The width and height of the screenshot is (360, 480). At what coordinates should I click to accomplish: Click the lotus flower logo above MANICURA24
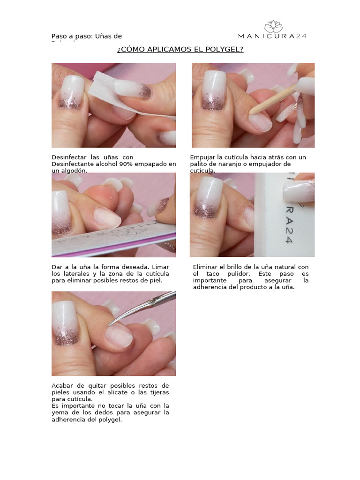[x=273, y=26]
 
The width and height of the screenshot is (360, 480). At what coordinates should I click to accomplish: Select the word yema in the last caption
[x=60, y=412]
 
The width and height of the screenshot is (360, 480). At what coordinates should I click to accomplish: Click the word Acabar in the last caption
[x=62, y=385]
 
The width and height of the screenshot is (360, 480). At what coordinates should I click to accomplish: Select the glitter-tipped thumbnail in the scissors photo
[x=68, y=323]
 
